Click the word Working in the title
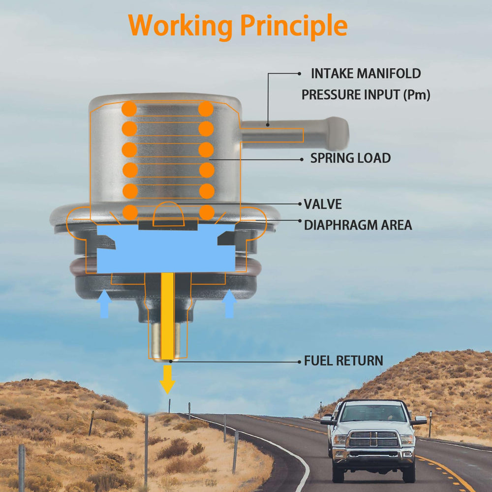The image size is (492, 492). coord(181,26)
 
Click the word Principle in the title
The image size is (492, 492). coord(294,26)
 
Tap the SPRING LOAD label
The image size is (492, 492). coord(350,158)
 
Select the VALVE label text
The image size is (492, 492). coord(323,204)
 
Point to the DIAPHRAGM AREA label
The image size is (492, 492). coord(358,225)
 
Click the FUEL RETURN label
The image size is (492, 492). coord(343,361)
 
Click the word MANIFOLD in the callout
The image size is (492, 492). coord(389,73)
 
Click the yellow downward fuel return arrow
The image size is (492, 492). coord(167,379)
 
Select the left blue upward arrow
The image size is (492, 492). coord(104,304)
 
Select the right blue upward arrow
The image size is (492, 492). coord(229,304)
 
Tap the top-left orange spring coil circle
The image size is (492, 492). coord(129,109)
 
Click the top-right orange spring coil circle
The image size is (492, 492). coord(206,109)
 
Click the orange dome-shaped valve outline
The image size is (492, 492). coord(168,214)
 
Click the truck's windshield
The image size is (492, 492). coord(373,413)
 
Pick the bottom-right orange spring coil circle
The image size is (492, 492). coord(207,212)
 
